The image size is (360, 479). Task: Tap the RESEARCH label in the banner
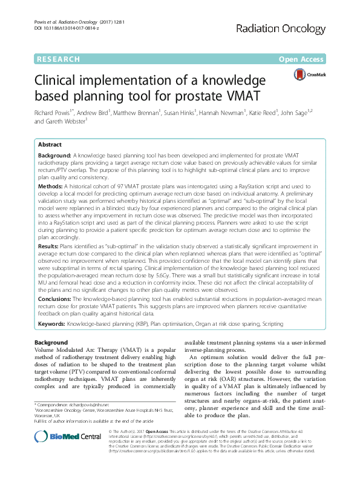click(58, 59)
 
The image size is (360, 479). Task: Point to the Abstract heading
click(50, 145)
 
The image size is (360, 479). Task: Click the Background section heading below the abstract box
click(51, 343)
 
